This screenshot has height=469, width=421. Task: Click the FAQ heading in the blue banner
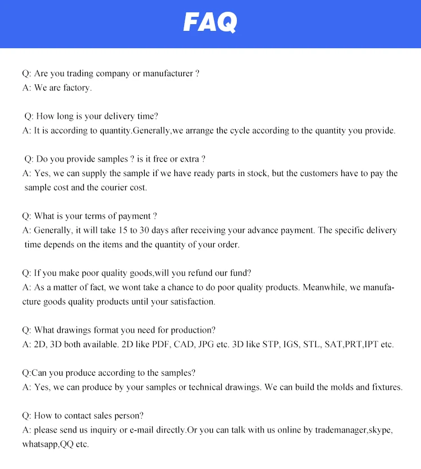point(210,22)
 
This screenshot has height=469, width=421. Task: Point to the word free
point(161,159)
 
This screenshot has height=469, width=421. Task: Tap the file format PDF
point(152,344)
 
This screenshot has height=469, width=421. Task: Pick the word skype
point(381,430)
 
